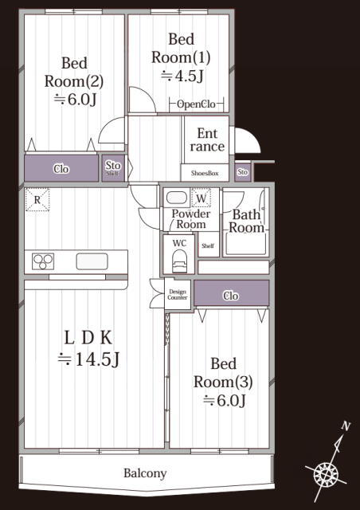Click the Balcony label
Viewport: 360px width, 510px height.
(x=145, y=473)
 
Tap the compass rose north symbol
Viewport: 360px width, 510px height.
(x=327, y=473)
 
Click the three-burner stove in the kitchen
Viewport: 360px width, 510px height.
(x=43, y=261)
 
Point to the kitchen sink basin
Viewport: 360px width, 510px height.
(x=92, y=261)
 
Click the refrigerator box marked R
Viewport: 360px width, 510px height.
(x=37, y=199)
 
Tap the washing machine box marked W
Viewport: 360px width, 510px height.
(x=202, y=198)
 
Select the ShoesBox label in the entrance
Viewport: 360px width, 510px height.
(x=205, y=174)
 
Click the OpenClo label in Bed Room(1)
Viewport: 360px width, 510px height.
(x=196, y=104)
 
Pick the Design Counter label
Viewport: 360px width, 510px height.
(x=178, y=294)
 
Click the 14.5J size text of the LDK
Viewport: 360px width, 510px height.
(x=88, y=359)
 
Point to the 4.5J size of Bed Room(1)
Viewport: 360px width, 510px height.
(x=182, y=76)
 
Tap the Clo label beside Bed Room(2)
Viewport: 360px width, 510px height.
(x=61, y=169)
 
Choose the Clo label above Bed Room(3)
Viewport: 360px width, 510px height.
(x=231, y=296)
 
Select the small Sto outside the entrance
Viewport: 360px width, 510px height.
(x=243, y=172)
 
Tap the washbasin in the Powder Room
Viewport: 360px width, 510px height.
(x=178, y=198)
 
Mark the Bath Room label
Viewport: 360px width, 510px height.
(x=246, y=222)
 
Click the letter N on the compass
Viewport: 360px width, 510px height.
(x=346, y=426)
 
